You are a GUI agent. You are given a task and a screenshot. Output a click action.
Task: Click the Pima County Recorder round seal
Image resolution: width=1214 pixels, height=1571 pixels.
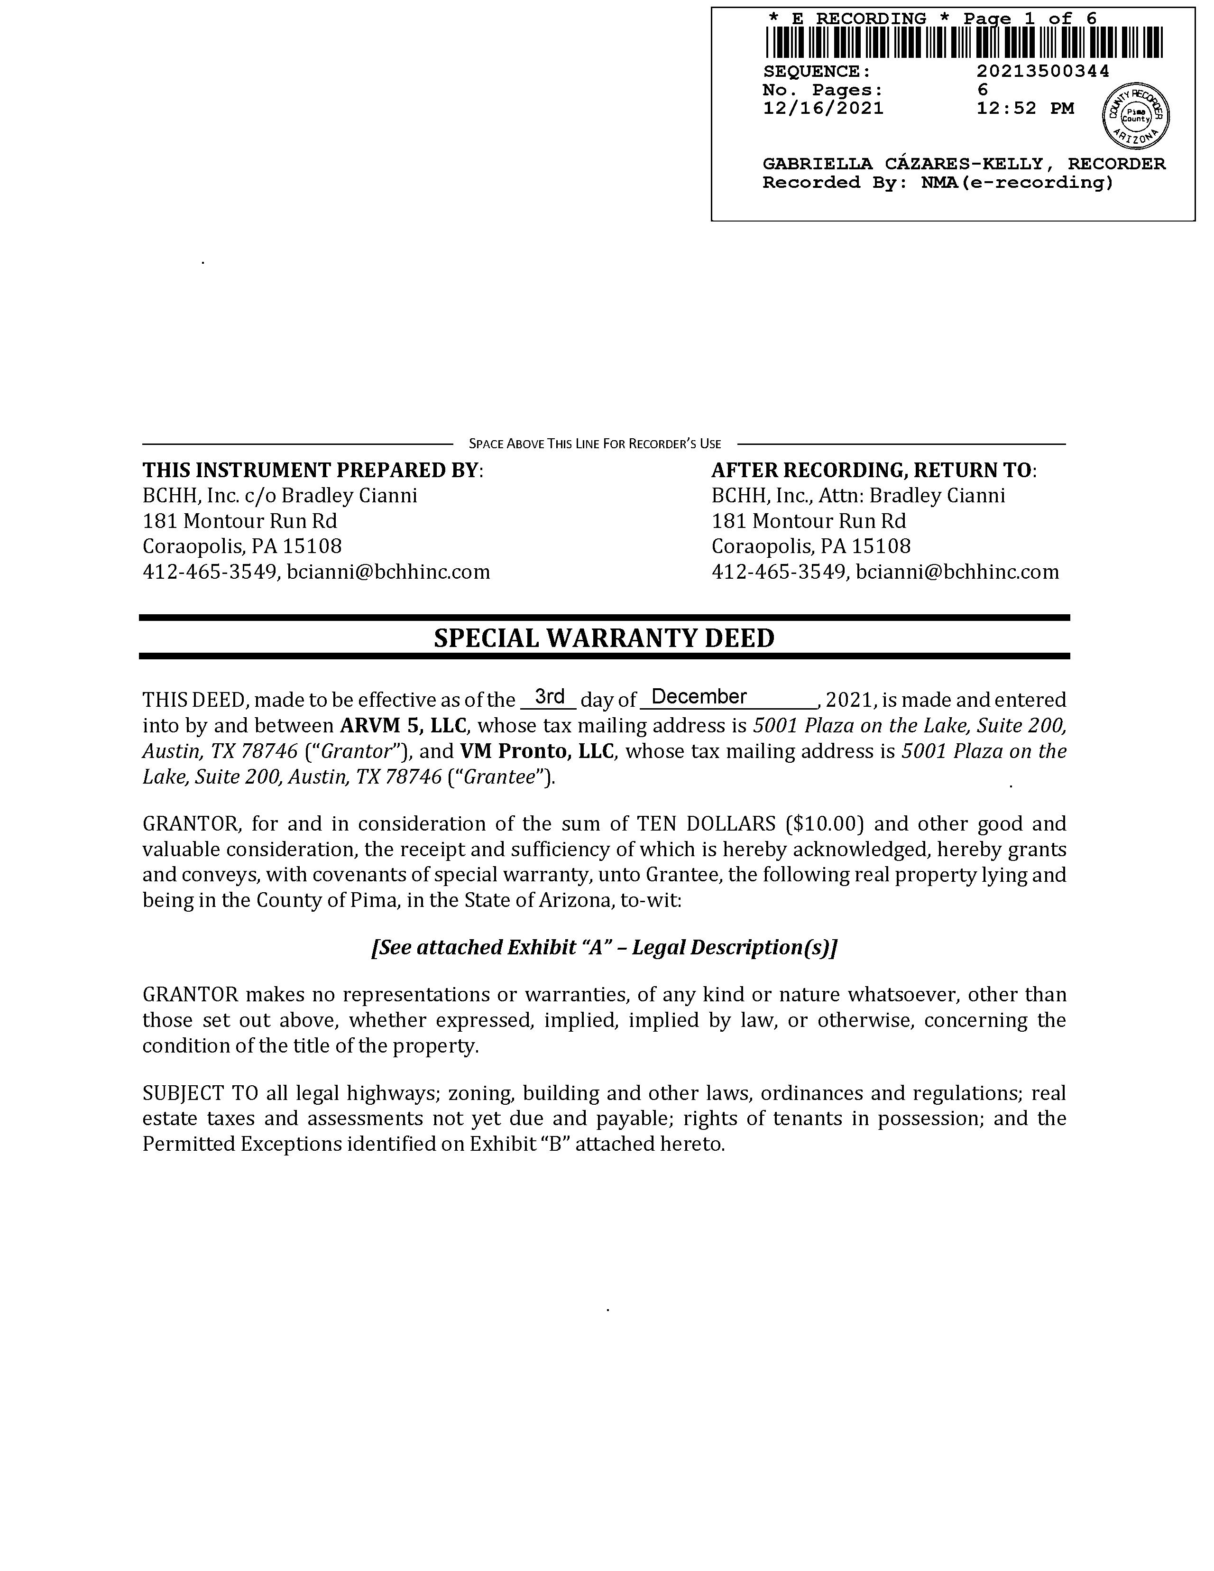pos(1136,116)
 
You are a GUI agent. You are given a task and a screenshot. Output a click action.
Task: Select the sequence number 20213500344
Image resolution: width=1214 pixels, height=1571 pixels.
pos(1042,71)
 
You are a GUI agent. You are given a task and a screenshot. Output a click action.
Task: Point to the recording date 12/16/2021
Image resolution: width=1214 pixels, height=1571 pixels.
pos(823,109)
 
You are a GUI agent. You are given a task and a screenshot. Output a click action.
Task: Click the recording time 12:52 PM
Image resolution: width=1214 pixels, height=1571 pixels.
pos(1025,109)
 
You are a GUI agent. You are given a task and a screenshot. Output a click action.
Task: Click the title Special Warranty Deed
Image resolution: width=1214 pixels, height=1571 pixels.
pos(604,638)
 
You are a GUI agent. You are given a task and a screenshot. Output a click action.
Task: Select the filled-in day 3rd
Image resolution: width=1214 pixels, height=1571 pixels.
pos(550,696)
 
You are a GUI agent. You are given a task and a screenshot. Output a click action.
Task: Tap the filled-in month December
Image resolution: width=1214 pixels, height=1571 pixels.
pos(699,696)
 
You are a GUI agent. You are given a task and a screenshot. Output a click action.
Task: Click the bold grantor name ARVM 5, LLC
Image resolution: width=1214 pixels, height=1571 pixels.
pos(403,725)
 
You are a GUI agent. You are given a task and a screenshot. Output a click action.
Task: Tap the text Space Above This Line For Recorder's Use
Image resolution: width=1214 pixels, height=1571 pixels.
pos(595,444)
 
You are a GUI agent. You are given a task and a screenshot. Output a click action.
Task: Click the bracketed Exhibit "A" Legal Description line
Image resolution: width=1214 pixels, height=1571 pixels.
pos(604,947)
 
